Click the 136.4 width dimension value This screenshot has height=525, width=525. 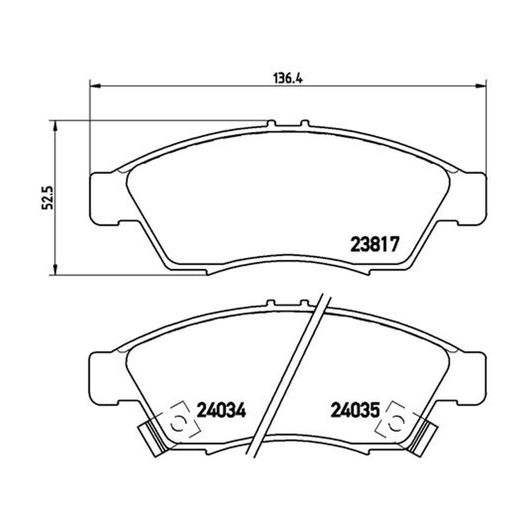287,78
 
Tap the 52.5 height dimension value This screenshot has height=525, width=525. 47,198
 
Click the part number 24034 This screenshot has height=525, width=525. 221,409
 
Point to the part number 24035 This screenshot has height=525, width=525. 355,409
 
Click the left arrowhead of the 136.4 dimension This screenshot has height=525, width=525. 95,86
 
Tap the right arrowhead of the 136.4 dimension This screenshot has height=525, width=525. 481,86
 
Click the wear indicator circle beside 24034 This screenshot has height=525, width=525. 177,424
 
